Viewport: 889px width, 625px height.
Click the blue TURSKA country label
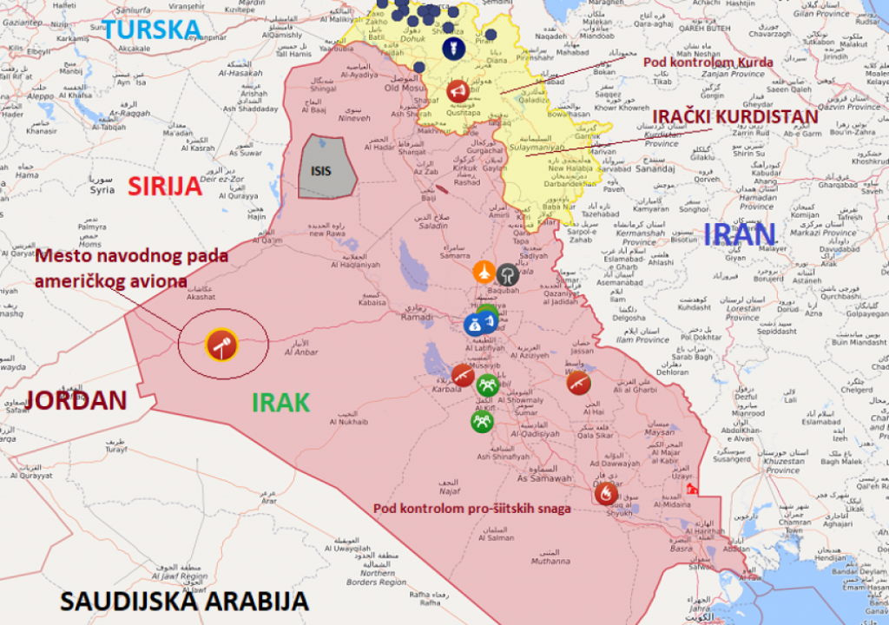click(152, 29)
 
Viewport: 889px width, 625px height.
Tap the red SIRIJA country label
click(165, 187)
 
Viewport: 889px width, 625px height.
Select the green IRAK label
click(280, 403)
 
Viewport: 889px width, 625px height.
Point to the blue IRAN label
click(739, 235)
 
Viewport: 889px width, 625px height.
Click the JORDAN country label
click(76, 400)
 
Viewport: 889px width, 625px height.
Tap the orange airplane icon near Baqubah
click(484, 273)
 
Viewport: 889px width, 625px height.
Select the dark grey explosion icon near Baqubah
click(508, 275)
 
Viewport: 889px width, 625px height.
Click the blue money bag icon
click(475, 326)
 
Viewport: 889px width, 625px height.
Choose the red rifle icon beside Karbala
click(463, 375)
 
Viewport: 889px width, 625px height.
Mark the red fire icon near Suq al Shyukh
click(606, 493)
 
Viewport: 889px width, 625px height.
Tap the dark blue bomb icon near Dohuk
click(449, 48)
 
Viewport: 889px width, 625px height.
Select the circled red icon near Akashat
click(221, 345)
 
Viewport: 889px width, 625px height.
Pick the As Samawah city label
click(543, 478)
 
